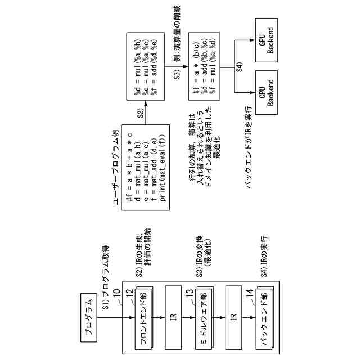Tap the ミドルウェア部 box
pyautogui.click(x=202, y=317)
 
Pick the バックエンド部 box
pyautogui.click(x=262, y=317)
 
